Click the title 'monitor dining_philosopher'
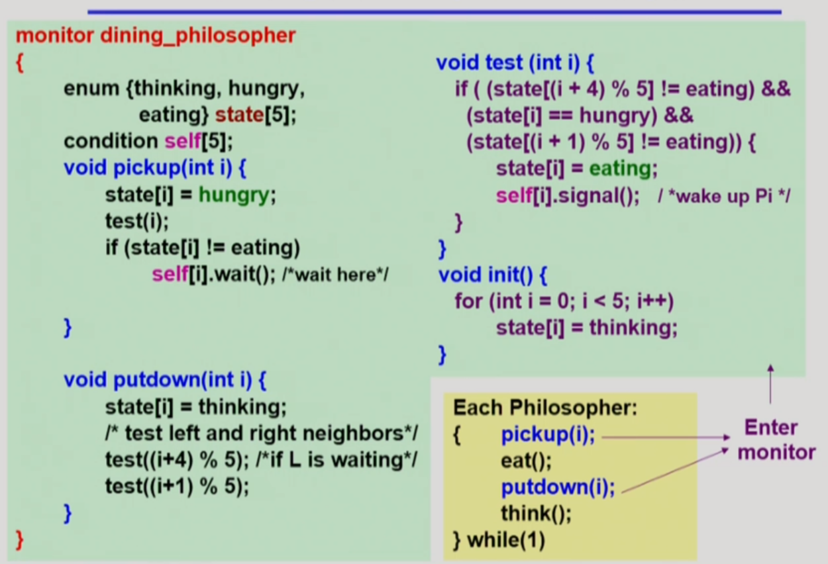coord(156,35)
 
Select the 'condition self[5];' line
coord(149,141)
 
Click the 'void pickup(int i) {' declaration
coord(156,167)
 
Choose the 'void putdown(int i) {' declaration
coord(165,380)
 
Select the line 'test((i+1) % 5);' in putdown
coord(177,487)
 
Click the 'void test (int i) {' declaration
coord(515,63)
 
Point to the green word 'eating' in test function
coord(620,169)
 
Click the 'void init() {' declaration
coord(493,275)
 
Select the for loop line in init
coord(564,301)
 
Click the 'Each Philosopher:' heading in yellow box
coord(545,408)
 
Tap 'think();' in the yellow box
coord(536,513)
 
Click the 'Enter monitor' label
coord(776,440)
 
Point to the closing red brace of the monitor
coord(19,538)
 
